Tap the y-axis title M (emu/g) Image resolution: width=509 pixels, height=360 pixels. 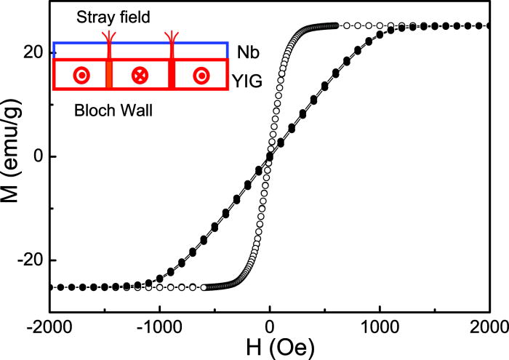[x=13, y=156]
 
